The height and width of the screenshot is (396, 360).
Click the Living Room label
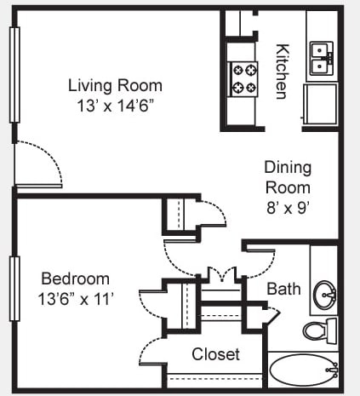click(115, 85)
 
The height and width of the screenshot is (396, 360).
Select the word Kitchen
click(283, 72)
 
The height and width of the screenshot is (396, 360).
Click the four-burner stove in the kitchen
click(243, 79)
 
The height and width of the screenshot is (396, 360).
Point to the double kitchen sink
click(321, 58)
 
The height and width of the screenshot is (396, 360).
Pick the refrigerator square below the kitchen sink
click(321, 104)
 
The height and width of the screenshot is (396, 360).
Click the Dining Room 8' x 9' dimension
click(288, 209)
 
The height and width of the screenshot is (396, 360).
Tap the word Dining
click(288, 168)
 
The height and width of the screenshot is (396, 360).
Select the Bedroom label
click(75, 278)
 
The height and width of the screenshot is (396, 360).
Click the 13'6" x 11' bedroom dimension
click(76, 299)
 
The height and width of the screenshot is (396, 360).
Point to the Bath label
click(283, 289)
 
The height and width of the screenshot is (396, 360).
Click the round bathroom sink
click(324, 295)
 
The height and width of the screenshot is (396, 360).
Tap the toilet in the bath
click(320, 330)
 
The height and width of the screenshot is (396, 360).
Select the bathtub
click(303, 370)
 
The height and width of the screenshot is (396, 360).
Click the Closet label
click(215, 354)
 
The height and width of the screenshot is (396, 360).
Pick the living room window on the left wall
click(14, 75)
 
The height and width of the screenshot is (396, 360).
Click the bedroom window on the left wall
click(14, 289)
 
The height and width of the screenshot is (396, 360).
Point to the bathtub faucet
click(333, 370)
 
